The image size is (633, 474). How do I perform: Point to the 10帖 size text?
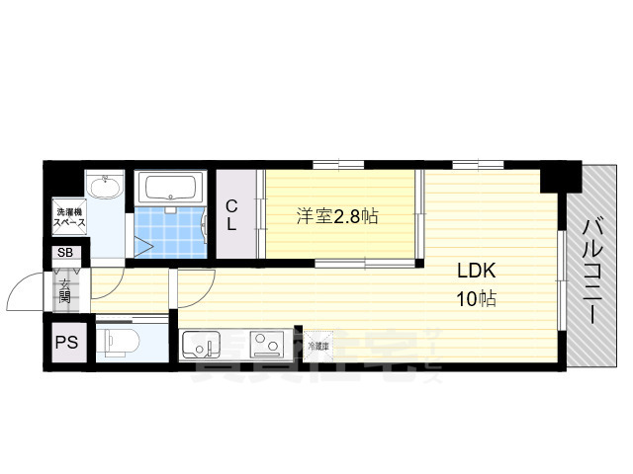pyautogui.click(x=475, y=298)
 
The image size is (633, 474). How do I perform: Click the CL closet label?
pyautogui.click(x=230, y=215)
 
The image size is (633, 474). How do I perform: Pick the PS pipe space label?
pyautogui.click(x=66, y=343)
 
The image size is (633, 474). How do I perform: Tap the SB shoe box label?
pyautogui.click(x=64, y=254)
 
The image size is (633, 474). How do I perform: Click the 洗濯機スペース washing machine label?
pyautogui.click(x=69, y=216)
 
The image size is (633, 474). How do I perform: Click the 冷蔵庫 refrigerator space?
pyautogui.click(x=317, y=345)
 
